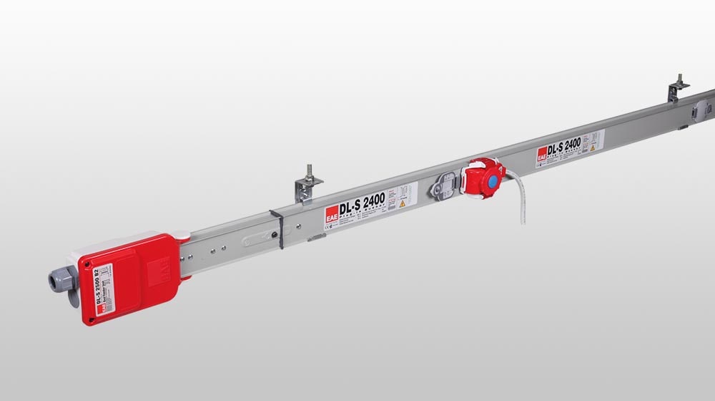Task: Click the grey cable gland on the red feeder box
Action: tap(60, 279)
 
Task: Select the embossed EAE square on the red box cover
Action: tap(158, 271)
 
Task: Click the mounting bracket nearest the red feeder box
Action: tap(307, 188)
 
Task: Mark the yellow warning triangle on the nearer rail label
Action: tap(403, 204)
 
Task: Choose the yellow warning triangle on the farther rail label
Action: tap(593, 147)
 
